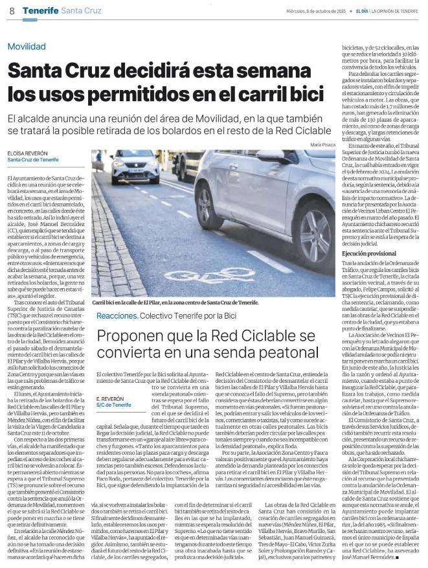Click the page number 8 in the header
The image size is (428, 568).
(x=11, y=11)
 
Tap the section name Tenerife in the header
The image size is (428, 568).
(x=39, y=11)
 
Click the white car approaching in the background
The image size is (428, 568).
(x=135, y=166)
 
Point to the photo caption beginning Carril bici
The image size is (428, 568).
(x=175, y=302)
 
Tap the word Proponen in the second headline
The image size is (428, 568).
(x=133, y=337)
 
